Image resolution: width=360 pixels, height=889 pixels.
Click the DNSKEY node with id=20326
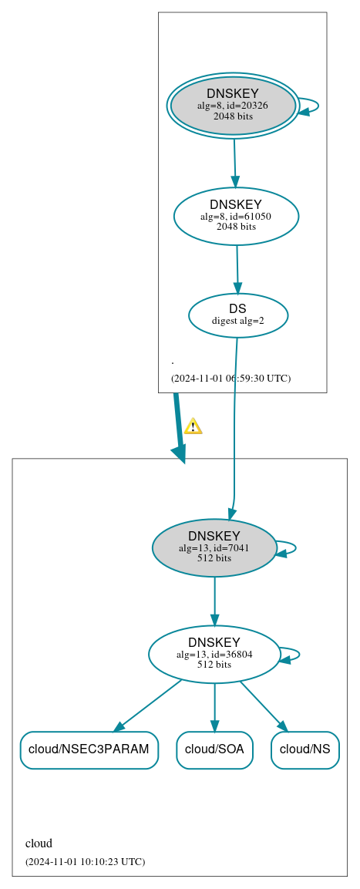pos(233,106)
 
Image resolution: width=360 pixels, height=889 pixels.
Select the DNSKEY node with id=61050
pos(236,216)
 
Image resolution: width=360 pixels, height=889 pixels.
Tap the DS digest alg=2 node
pos(238,315)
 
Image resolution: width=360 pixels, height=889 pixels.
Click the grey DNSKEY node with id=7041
pos(214,547)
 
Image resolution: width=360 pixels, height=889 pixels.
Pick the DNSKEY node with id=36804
pos(214,654)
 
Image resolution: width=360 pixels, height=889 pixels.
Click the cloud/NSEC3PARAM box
pos(89,749)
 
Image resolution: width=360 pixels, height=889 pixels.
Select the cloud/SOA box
pos(214,749)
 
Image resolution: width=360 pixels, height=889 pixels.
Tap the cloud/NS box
pos(304,749)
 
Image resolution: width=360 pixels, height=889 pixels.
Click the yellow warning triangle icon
pos(193,426)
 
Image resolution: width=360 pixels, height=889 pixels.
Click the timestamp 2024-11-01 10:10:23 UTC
pos(85,861)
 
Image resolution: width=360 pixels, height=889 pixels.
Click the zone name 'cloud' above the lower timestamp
pos(39,844)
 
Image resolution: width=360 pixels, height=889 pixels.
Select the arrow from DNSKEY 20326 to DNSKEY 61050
pos(234,163)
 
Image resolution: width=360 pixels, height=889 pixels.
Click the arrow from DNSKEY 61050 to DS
pos(237,269)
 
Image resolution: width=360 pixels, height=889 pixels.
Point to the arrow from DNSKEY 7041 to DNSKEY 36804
pos(214,601)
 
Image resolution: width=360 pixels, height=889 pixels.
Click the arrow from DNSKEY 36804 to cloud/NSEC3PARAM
pos(148,705)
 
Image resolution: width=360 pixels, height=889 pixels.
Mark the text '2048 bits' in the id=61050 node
pos(236,227)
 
